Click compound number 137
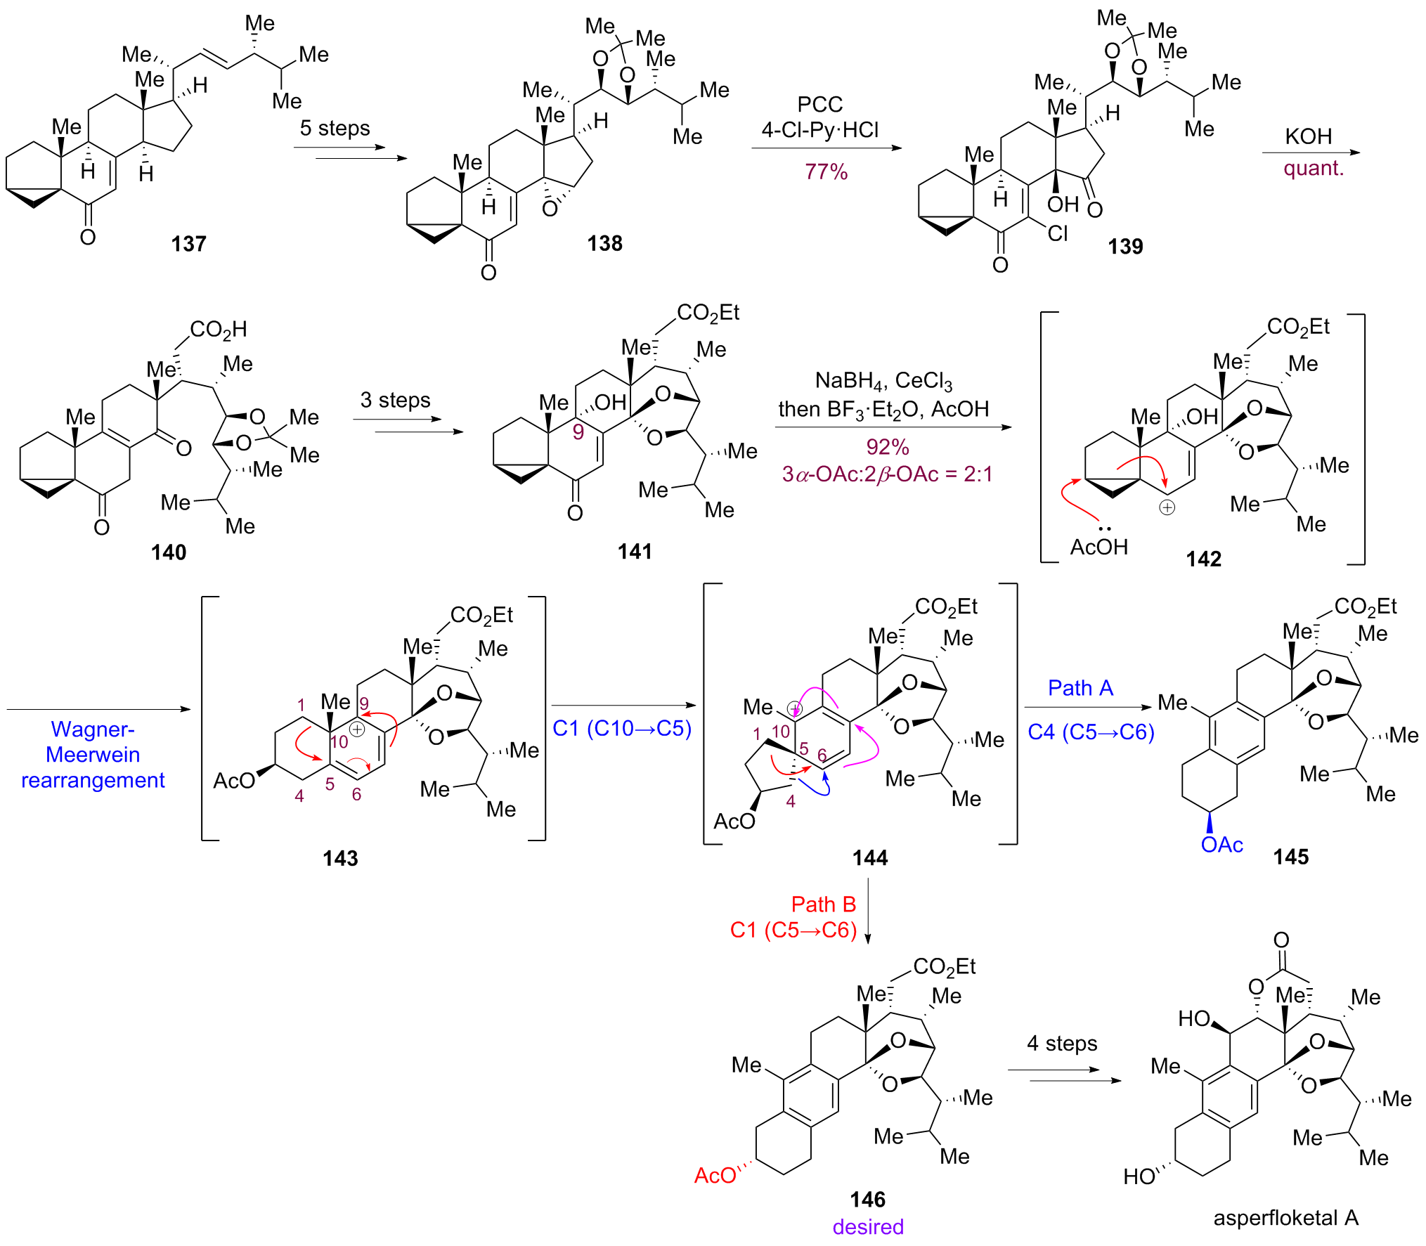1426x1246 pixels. click(188, 244)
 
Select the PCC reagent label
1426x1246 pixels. click(819, 105)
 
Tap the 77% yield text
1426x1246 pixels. click(826, 171)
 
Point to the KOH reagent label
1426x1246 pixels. click(1308, 136)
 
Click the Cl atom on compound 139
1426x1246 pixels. click(1057, 234)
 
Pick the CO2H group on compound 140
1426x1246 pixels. click(218, 329)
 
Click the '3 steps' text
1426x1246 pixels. click(395, 400)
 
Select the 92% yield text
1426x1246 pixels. click(887, 447)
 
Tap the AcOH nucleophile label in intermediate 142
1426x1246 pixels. click(1098, 547)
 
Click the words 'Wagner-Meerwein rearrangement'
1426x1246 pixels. click(93, 755)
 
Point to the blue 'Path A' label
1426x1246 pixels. click(1080, 688)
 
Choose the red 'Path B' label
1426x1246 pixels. click(823, 904)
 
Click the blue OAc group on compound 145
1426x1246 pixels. click(1221, 845)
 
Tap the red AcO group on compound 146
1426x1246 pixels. click(715, 1175)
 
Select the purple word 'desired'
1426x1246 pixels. click(868, 1227)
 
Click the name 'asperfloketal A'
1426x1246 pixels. click(1285, 1218)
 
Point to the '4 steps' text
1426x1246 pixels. click(1061, 1044)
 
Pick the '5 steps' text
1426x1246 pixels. click(335, 128)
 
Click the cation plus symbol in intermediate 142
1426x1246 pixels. click(1167, 507)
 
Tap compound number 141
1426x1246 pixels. click(635, 552)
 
